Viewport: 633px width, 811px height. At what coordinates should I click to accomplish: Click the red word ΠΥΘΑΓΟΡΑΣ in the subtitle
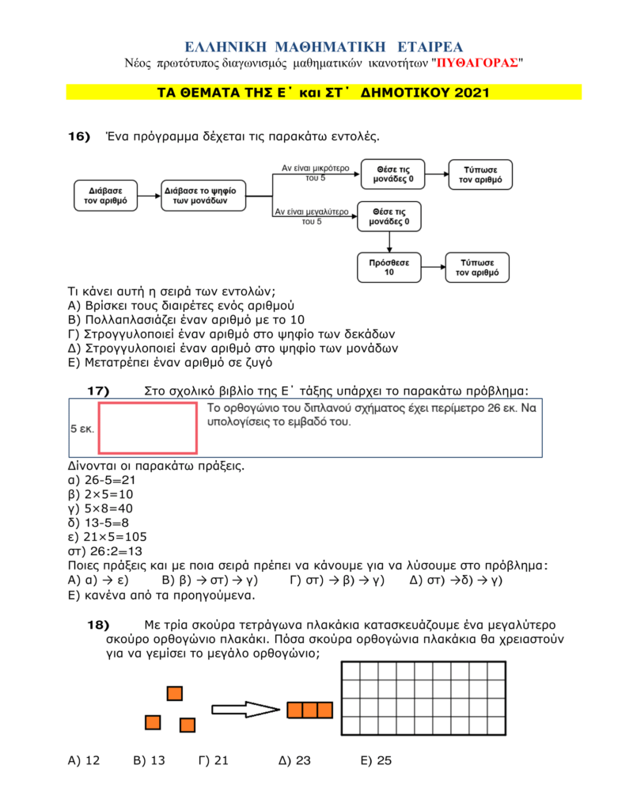click(x=477, y=63)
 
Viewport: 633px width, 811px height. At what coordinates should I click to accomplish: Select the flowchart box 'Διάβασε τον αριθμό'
click(x=106, y=196)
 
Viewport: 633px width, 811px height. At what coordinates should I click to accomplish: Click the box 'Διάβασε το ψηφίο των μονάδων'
click(x=203, y=196)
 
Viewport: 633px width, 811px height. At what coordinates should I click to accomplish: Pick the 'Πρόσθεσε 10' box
click(x=389, y=268)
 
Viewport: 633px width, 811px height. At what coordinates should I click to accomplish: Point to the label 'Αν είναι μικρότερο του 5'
click(x=315, y=173)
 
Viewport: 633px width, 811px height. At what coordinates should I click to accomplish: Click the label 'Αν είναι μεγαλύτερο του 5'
click(x=312, y=216)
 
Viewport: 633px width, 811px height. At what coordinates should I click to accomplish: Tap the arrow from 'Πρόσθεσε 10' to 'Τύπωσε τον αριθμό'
click(x=434, y=267)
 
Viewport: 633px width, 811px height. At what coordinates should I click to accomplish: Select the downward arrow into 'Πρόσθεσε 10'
click(x=389, y=242)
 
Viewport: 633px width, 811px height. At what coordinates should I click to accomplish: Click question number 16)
click(x=79, y=136)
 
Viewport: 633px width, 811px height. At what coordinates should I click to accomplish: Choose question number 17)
click(x=98, y=390)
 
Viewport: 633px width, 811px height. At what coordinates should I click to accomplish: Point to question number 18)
click(x=98, y=625)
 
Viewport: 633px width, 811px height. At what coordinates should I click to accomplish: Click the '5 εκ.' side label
click(x=82, y=428)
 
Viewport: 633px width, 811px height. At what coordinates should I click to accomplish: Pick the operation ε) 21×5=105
click(x=108, y=537)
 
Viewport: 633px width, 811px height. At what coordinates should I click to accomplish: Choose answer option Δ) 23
click(x=294, y=760)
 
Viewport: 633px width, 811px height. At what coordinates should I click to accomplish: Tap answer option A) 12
click(x=84, y=760)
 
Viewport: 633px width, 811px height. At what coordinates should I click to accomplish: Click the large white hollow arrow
click(x=246, y=709)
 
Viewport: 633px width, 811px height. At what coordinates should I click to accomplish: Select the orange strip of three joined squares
click(x=310, y=710)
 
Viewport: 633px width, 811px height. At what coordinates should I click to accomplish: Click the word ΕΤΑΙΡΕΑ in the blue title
click(x=430, y=47)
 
